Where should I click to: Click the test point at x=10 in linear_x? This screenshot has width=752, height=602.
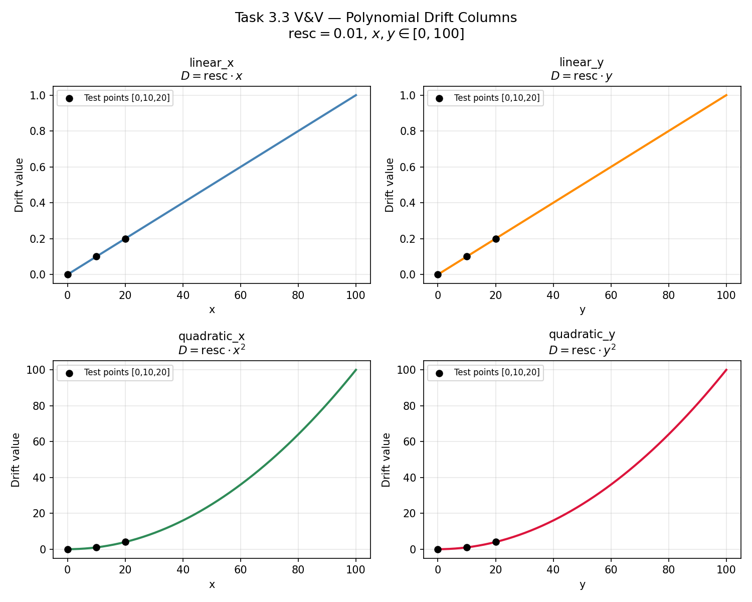point(96,256)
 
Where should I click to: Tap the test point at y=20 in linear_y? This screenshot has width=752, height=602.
point(496,239)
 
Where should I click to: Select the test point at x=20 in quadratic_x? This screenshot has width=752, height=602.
point(125,542)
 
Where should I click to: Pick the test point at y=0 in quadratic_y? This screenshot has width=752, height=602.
point(438,549)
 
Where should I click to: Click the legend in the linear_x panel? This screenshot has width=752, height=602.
point(115,98)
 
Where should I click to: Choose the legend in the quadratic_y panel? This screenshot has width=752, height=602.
point(485,373)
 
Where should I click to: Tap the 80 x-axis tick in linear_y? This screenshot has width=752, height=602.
point(668,295)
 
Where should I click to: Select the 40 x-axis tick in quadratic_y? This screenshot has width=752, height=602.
point(553,570)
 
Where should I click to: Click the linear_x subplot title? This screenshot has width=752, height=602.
point(212,63)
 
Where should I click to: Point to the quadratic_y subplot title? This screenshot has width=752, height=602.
point(582,335)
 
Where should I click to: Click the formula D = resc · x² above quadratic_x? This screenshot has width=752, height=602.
point(212,350)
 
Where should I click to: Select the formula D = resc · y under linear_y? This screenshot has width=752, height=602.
point(582,76)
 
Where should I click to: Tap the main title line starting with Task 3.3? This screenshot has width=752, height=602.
point(376,18)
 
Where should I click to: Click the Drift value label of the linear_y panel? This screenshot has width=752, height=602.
point(390,185)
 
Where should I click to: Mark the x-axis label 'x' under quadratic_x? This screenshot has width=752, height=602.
point(212,584)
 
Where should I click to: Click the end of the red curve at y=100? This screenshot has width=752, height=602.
point(726,370)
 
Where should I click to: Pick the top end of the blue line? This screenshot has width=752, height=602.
point(356,95)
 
